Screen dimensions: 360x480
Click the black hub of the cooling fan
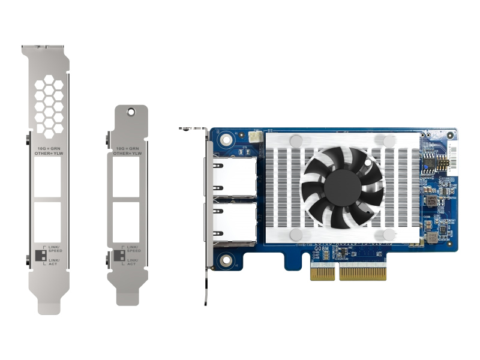(x=343, y=187)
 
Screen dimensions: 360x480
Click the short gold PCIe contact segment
(x=322, y=273)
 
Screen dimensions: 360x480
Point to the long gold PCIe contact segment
(x=362, y=273)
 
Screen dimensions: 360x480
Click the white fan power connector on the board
(x=257, y=137)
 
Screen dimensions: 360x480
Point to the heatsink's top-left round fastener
(x=296, y=140)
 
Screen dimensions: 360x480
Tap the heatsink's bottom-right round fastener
(x=389, y=235)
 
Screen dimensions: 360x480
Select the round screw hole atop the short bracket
(x=131, y=111)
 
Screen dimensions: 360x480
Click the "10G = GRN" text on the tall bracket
(x=47, y=147)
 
